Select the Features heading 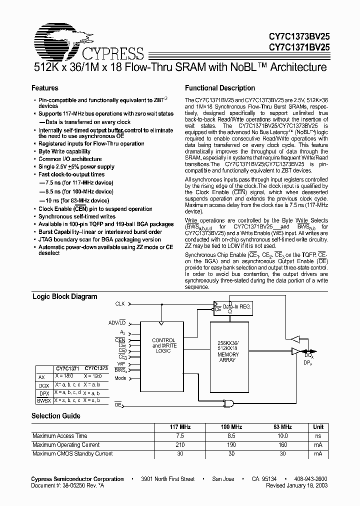click(x=45, y=88)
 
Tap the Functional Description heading click(x=220, y=88)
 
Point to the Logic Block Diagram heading click(x=65, y=296)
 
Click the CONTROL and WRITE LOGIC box click(x=164, y=345)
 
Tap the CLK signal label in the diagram click(x=120, y=303)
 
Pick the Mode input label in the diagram click(x=120, y=378)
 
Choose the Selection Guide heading click(x=56, y=416)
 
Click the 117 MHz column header click(x=180, y=427)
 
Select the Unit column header click(x=317, y=427)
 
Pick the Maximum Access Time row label click(x=60, y=436)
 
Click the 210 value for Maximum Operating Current click(x=180, y=445)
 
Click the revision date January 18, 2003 click(x=297, y=485)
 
